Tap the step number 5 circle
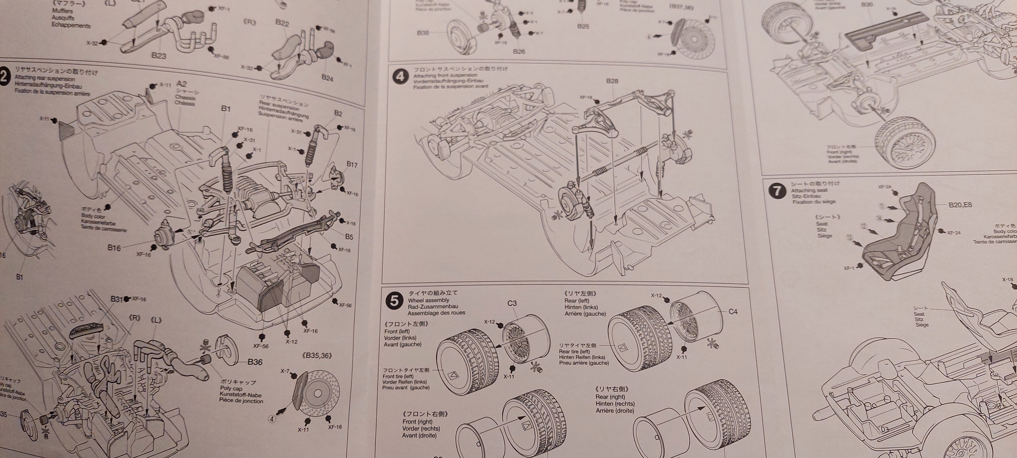point(394,301)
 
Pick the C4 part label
point(733,312)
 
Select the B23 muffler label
point(159,56)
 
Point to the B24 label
point(327,78)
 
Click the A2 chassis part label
point(182,84)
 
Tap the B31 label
point(117,299)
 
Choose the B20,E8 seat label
point(960,205)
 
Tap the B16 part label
point(114,248)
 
